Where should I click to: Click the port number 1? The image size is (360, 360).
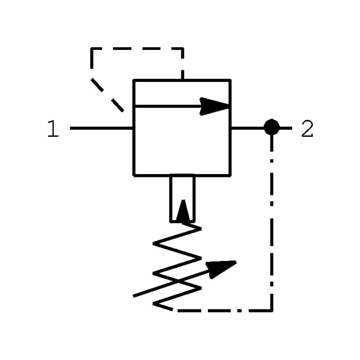[x=53, y=130]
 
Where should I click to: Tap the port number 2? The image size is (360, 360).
[x=307, y=130]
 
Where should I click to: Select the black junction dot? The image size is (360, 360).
[x=271, y=127]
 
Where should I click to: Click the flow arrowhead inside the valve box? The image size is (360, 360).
[x=215, y=106]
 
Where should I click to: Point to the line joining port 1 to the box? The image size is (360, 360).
[x=102, y=128]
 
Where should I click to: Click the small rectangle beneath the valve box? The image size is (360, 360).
[x=182, y=198]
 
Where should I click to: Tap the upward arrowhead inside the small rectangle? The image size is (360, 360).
[x=183, y=211]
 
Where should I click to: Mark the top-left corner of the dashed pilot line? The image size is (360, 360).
[x=92, y=49]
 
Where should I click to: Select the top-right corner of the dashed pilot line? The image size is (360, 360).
[x=182, y=49]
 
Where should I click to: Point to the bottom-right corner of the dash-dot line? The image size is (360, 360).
[x=271, y=310]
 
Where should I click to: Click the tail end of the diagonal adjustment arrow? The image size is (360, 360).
[x=134, y=296]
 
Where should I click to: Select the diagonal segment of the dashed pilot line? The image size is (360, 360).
[x=107, y=95]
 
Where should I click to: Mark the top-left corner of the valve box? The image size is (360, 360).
[x=134, y=81]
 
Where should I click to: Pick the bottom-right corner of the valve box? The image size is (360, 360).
[x=230, y=175]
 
